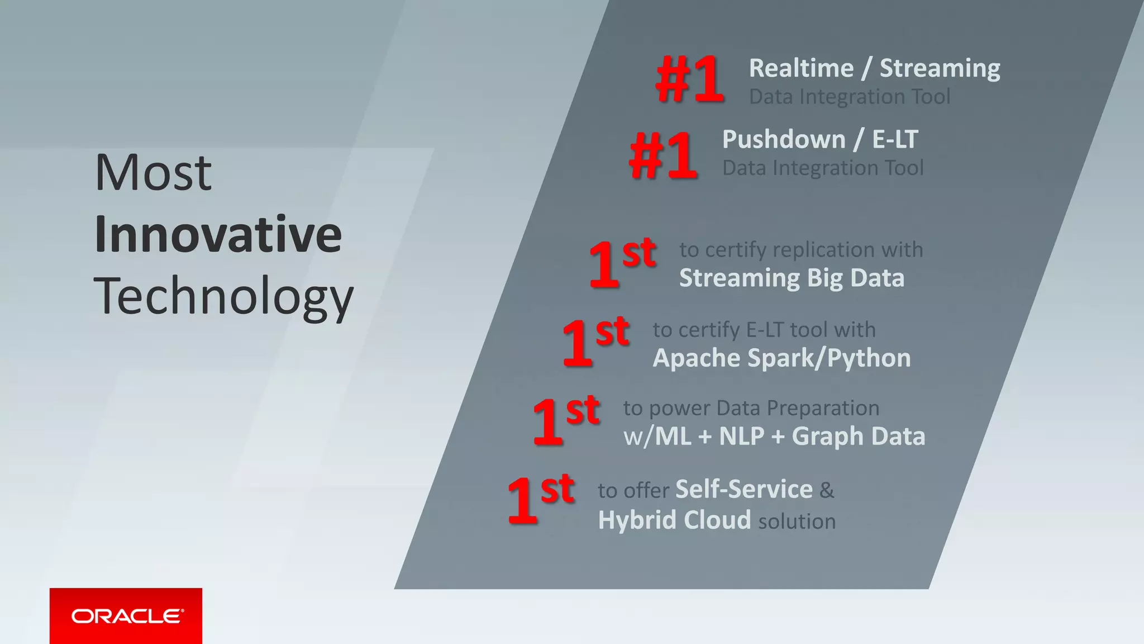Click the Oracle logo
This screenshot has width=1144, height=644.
(126, 616)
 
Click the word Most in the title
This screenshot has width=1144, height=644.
(153, 173)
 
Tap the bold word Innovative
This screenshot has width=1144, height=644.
(218, 234)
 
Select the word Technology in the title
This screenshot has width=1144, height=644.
(223, 297)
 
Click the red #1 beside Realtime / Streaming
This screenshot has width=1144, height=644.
(690, 80)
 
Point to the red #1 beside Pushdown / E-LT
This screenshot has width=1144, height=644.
(663, 155)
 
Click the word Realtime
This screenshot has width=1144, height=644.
(801, 68)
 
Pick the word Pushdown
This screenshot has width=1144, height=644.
(784, 139)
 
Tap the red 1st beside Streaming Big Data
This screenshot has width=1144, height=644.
(621, 263)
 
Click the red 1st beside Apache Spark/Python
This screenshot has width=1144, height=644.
(595, 342)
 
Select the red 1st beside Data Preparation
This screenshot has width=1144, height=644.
(565, 420)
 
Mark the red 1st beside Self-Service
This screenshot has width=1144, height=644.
(540, 499)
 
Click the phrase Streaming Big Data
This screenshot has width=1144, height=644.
(792, 278)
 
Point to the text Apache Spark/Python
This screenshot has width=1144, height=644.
(781, 358)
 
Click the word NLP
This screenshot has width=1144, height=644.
(741, 436)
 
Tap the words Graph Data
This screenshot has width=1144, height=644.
(858, 436)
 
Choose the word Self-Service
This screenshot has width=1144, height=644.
(744, 489)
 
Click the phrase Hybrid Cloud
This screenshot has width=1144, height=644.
(674, 520)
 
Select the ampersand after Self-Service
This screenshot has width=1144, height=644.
(827, 490)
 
